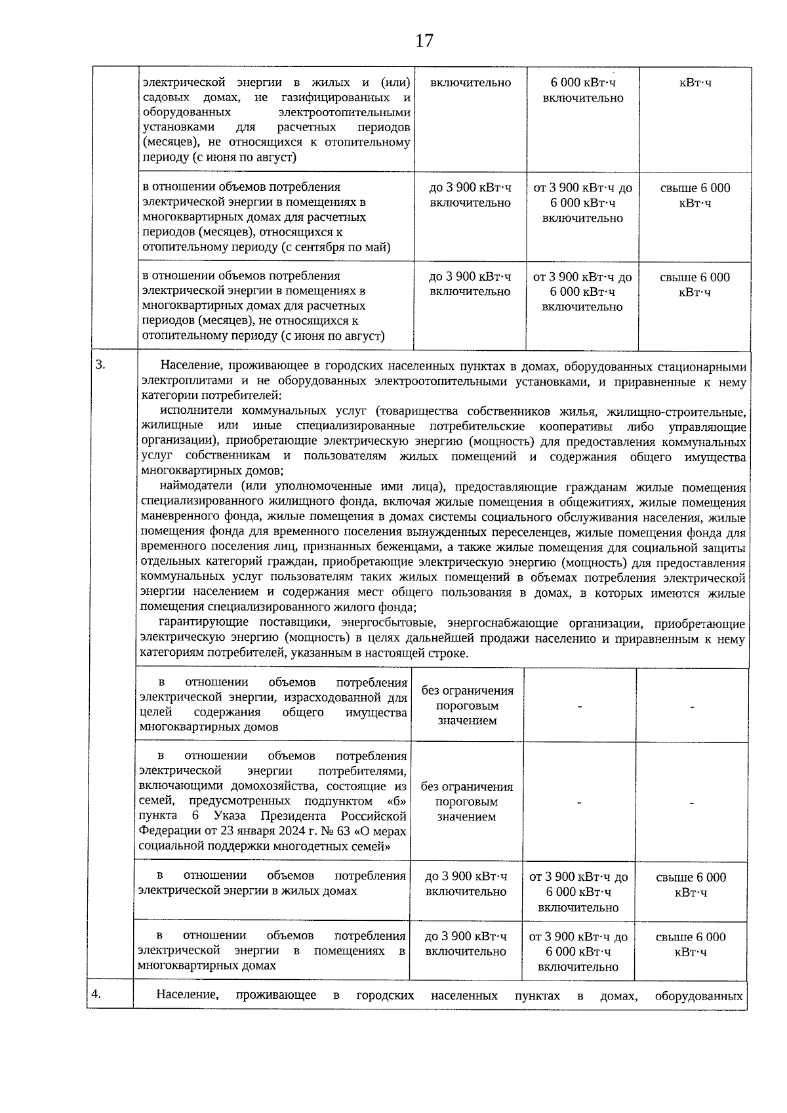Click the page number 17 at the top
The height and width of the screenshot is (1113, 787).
point(424,41)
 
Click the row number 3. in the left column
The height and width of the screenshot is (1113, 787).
point(100,365)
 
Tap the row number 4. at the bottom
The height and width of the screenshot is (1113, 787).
point(96,994)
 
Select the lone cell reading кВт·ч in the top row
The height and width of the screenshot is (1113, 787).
point(695,83)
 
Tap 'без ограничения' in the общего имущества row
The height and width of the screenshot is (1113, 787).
point(467,690)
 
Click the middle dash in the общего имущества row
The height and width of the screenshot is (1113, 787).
point(580,706)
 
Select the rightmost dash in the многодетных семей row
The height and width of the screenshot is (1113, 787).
point(691,802)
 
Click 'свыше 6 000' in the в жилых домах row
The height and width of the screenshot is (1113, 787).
point(691,877)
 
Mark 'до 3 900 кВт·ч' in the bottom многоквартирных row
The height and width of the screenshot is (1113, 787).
point(466,937)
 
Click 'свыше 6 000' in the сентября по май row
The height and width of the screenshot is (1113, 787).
point(695,188)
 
